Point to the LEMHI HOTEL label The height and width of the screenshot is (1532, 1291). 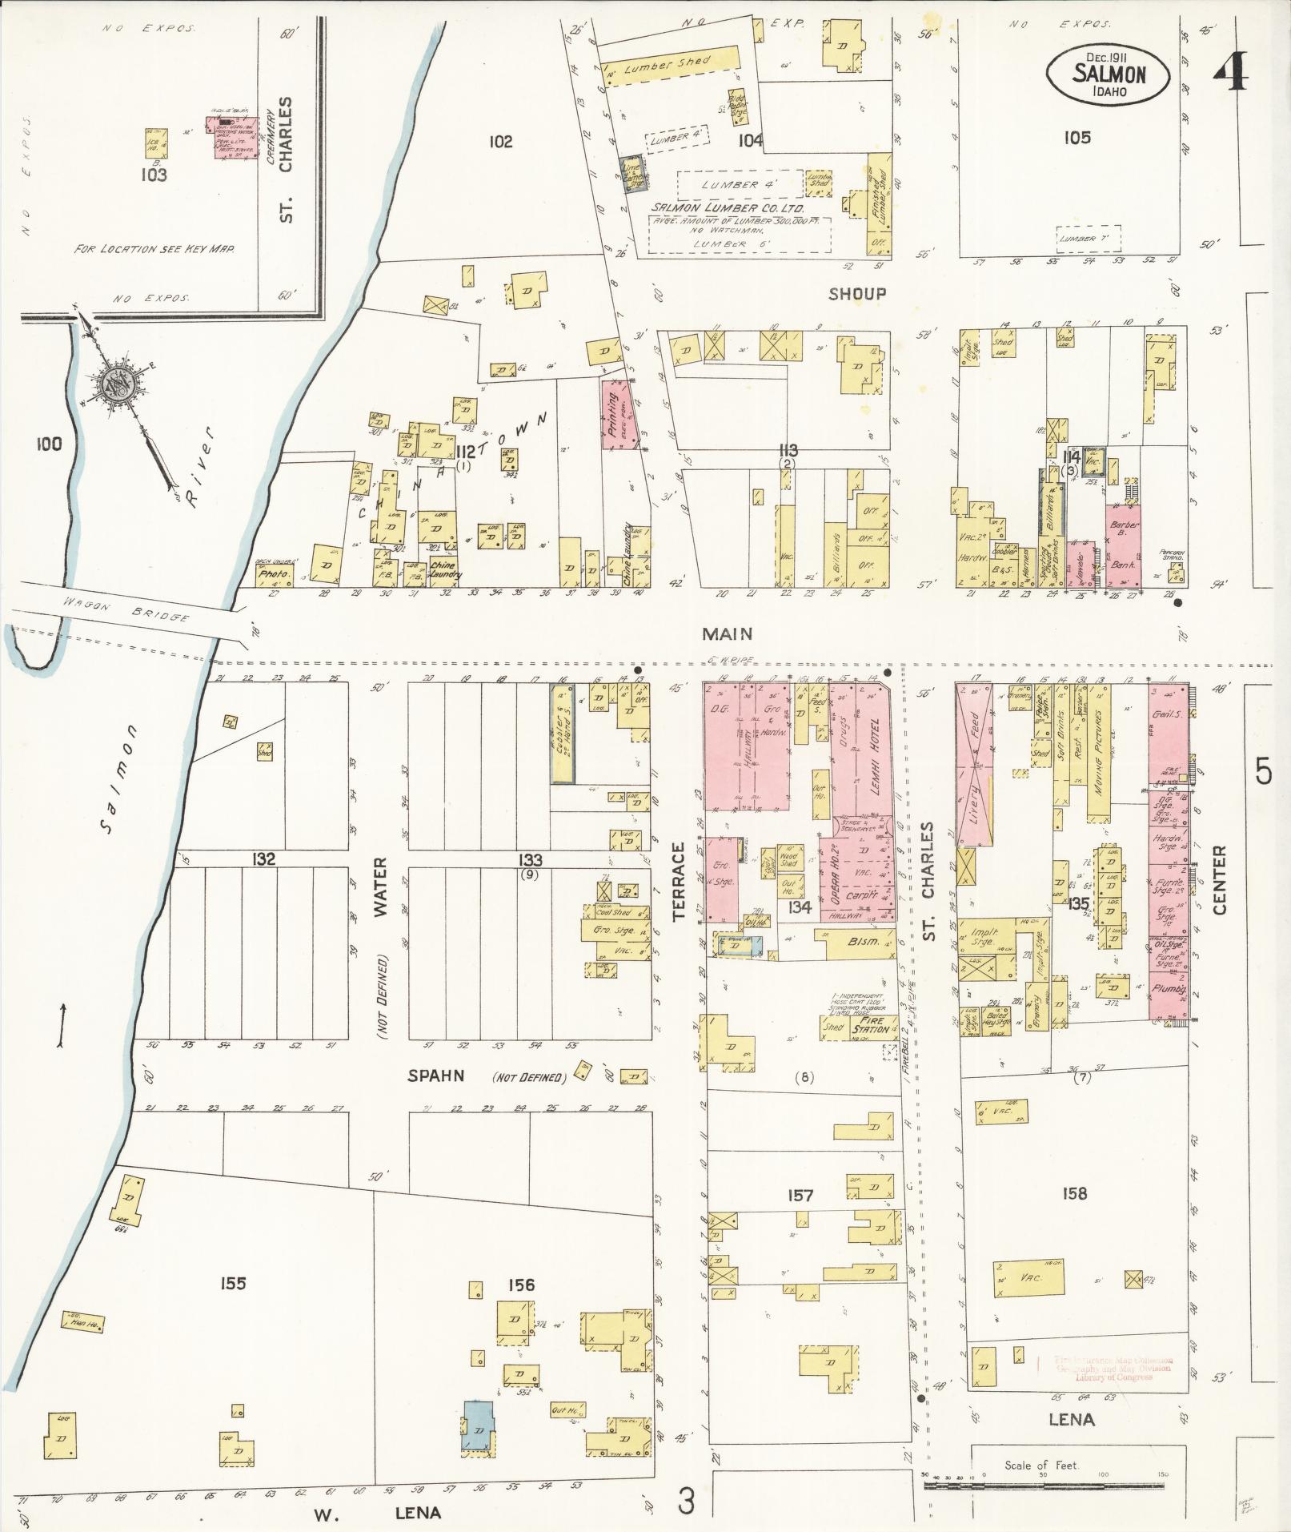[876, 756]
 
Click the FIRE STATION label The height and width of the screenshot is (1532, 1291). [868, 1026]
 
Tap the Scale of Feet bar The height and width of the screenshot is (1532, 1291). [1041, 1486]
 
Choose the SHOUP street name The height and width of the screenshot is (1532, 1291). [857, 294]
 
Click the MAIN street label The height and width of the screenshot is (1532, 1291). [727, 633]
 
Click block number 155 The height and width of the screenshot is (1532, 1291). [232, 1284]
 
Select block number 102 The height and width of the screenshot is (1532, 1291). [500, 143]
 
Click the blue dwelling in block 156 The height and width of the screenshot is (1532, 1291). [479, 1423]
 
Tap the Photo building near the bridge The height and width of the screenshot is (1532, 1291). [274, 574]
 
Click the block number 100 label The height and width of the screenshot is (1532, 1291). [49, 444]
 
